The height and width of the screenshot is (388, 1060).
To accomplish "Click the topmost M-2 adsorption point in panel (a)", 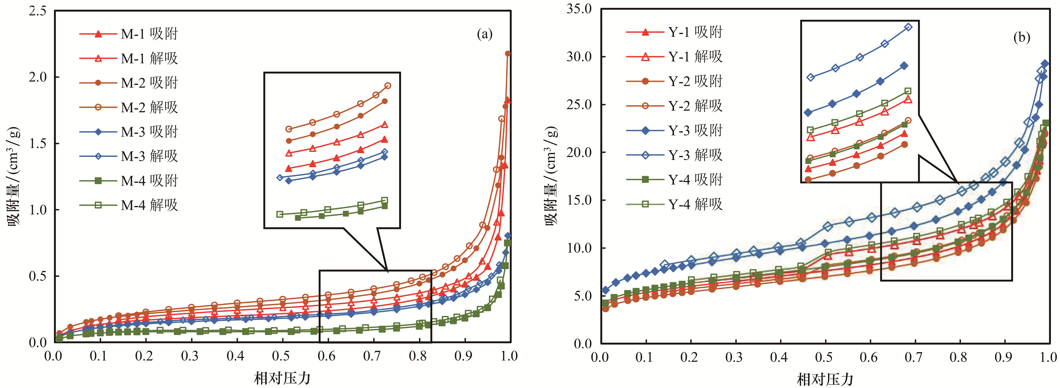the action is (508, 53).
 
